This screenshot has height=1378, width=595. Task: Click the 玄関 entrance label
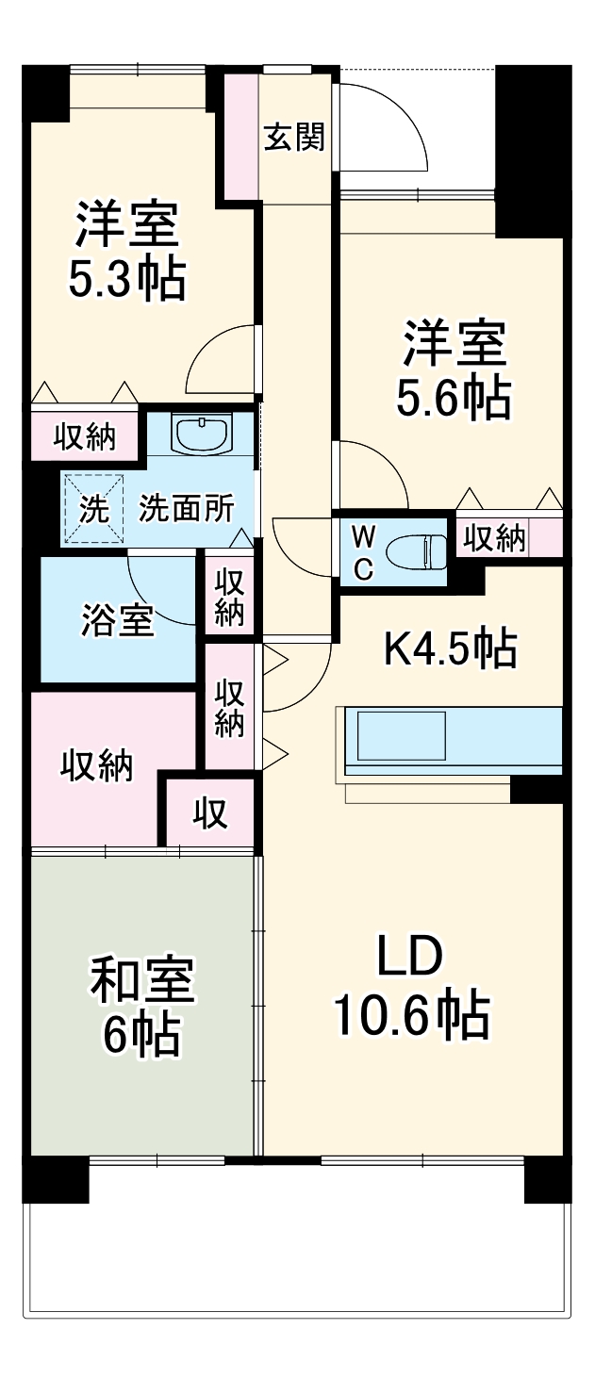(294, 137)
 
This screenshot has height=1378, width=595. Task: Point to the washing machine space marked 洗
(94, 509)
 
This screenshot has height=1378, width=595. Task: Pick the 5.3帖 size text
(127, 279)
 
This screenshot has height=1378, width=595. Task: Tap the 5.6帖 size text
(454, 398)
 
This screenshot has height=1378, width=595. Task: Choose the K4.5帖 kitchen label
(451, 648)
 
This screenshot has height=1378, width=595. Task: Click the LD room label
(409, 956)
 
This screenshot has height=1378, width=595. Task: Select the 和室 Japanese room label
(142, 978)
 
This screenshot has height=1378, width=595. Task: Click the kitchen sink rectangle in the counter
(402, 736)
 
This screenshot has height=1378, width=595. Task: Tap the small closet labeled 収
(210, 813)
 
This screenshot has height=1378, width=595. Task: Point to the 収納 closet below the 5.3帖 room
(84, 437)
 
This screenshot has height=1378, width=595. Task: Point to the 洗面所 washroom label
(187, 508)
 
